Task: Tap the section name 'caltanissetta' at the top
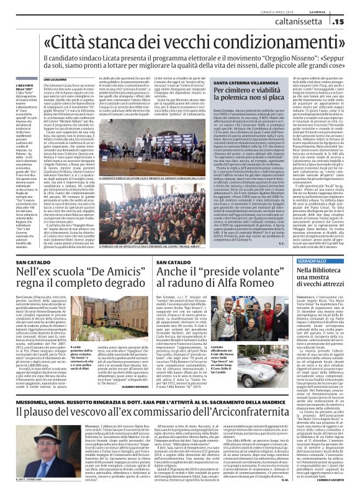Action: pyautogui.click(x=297, y=22)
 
